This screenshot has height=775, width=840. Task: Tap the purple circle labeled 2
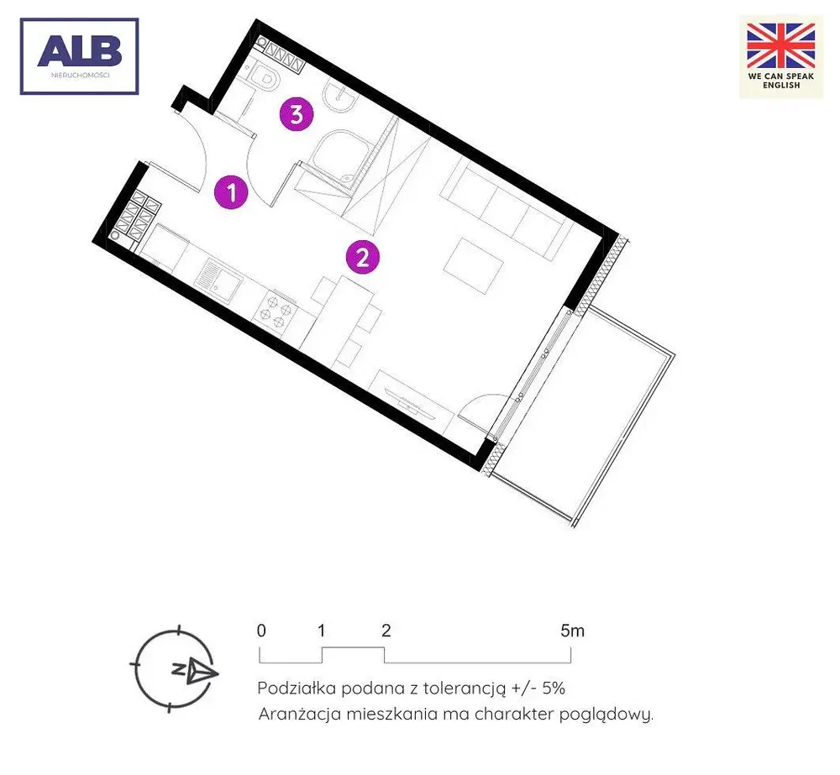coord(363,257)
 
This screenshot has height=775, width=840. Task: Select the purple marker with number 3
coord(297,113)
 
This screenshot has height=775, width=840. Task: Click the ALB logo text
coord(79,51)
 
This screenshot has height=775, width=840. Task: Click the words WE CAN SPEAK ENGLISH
coord(781,81)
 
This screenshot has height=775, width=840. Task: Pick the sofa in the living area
coord(506,210)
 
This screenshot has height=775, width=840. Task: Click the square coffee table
coord(474,266)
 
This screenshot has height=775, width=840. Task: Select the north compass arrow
coord(202,671)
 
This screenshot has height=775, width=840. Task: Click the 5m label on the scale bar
coord(572,631)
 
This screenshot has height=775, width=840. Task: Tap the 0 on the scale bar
coord(261,631)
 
